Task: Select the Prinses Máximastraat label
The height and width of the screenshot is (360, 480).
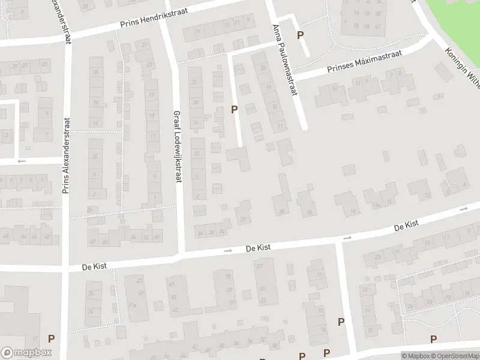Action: [364, 62]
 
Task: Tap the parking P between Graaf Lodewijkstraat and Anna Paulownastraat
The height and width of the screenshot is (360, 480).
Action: [235, 109]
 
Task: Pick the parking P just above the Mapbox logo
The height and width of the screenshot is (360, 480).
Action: [51, 338]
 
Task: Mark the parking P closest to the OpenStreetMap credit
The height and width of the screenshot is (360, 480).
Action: [433, 339]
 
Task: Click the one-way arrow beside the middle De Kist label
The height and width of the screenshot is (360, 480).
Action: [227, 251]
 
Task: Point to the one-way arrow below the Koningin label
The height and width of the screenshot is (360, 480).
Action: [464, 209]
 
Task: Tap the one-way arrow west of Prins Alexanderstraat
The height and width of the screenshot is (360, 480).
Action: [22, 161]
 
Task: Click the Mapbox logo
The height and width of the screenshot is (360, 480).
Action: [26, 352]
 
